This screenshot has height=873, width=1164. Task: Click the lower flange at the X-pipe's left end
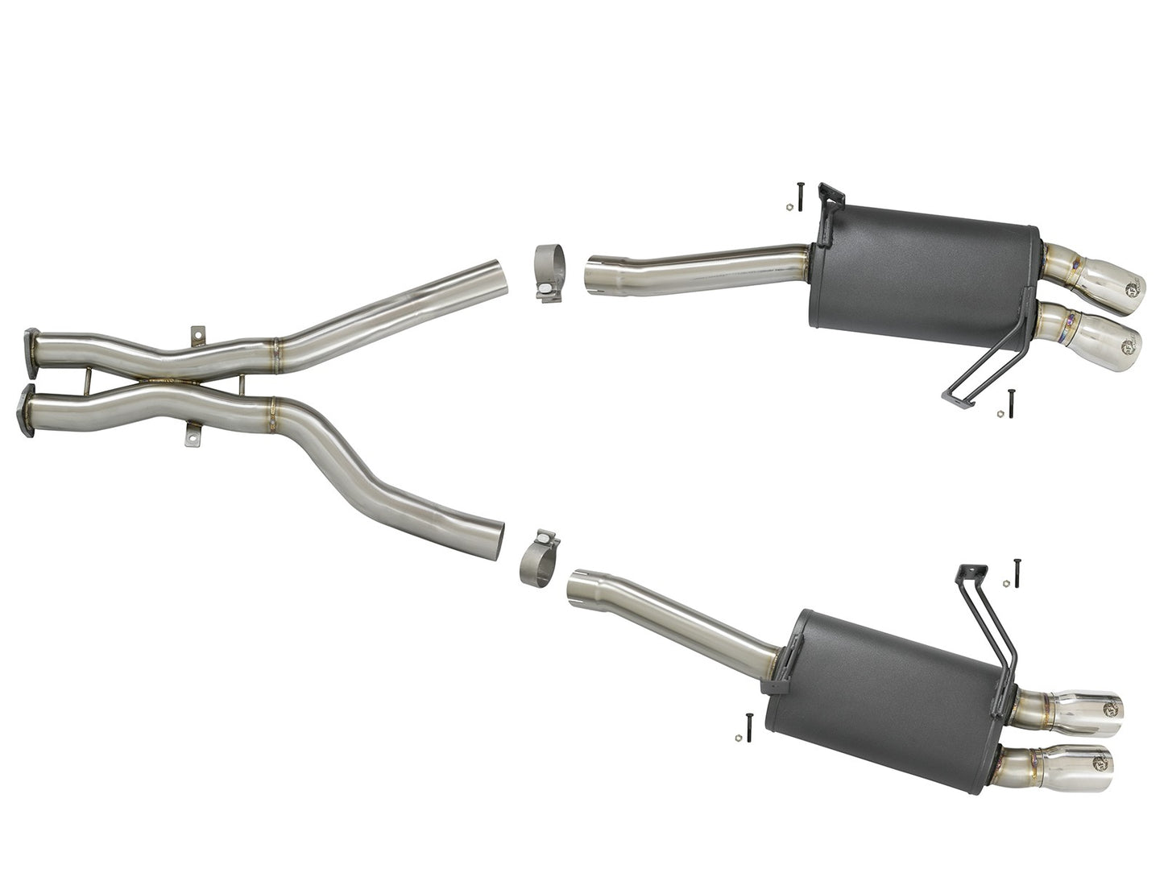point(31,410)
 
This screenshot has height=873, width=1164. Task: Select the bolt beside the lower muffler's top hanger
point(1017,570)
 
